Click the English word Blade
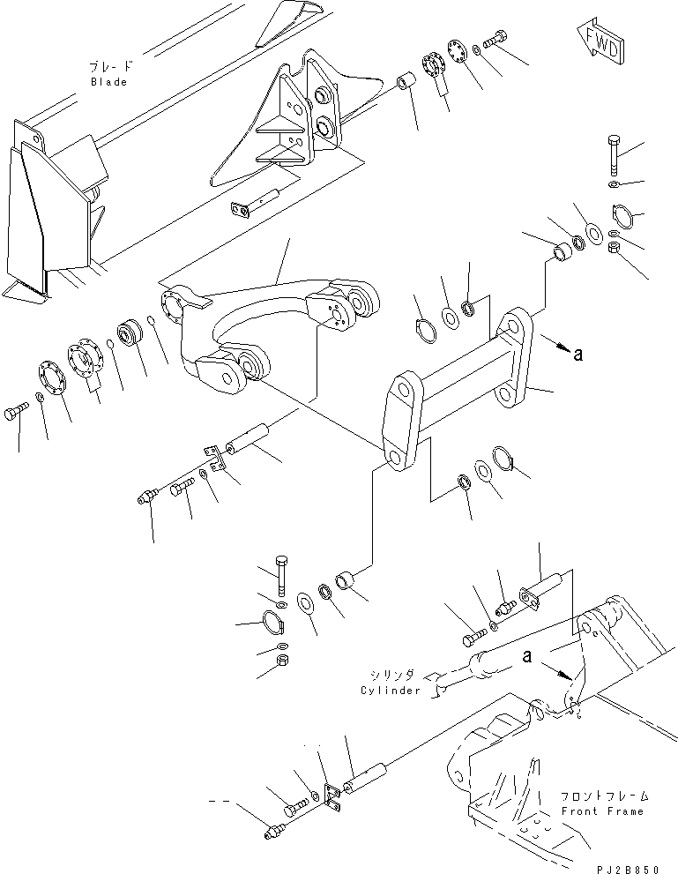pyautogui.click(x=108, y=82)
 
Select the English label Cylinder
pyautogui.click(x=391, y=690)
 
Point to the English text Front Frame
pyautogui.click(x=602, y=811)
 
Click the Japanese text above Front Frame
pyautogui.click(x=602, y=795)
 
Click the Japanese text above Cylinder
pyautogui.click(x=391, y=675)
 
